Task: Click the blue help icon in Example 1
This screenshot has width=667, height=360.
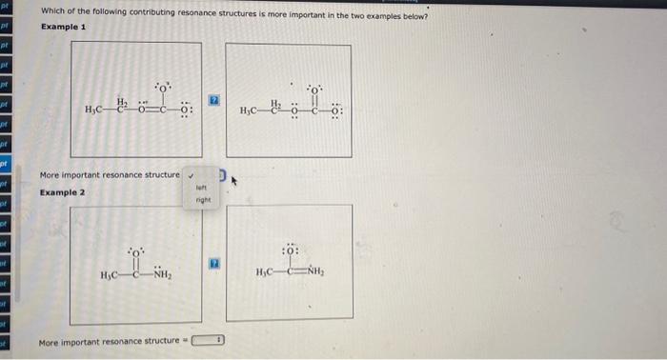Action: [x=214, y=98]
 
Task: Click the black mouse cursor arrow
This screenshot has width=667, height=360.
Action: [x=230, y=177]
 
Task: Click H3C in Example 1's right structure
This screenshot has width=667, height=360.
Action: [x=253, y=112]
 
